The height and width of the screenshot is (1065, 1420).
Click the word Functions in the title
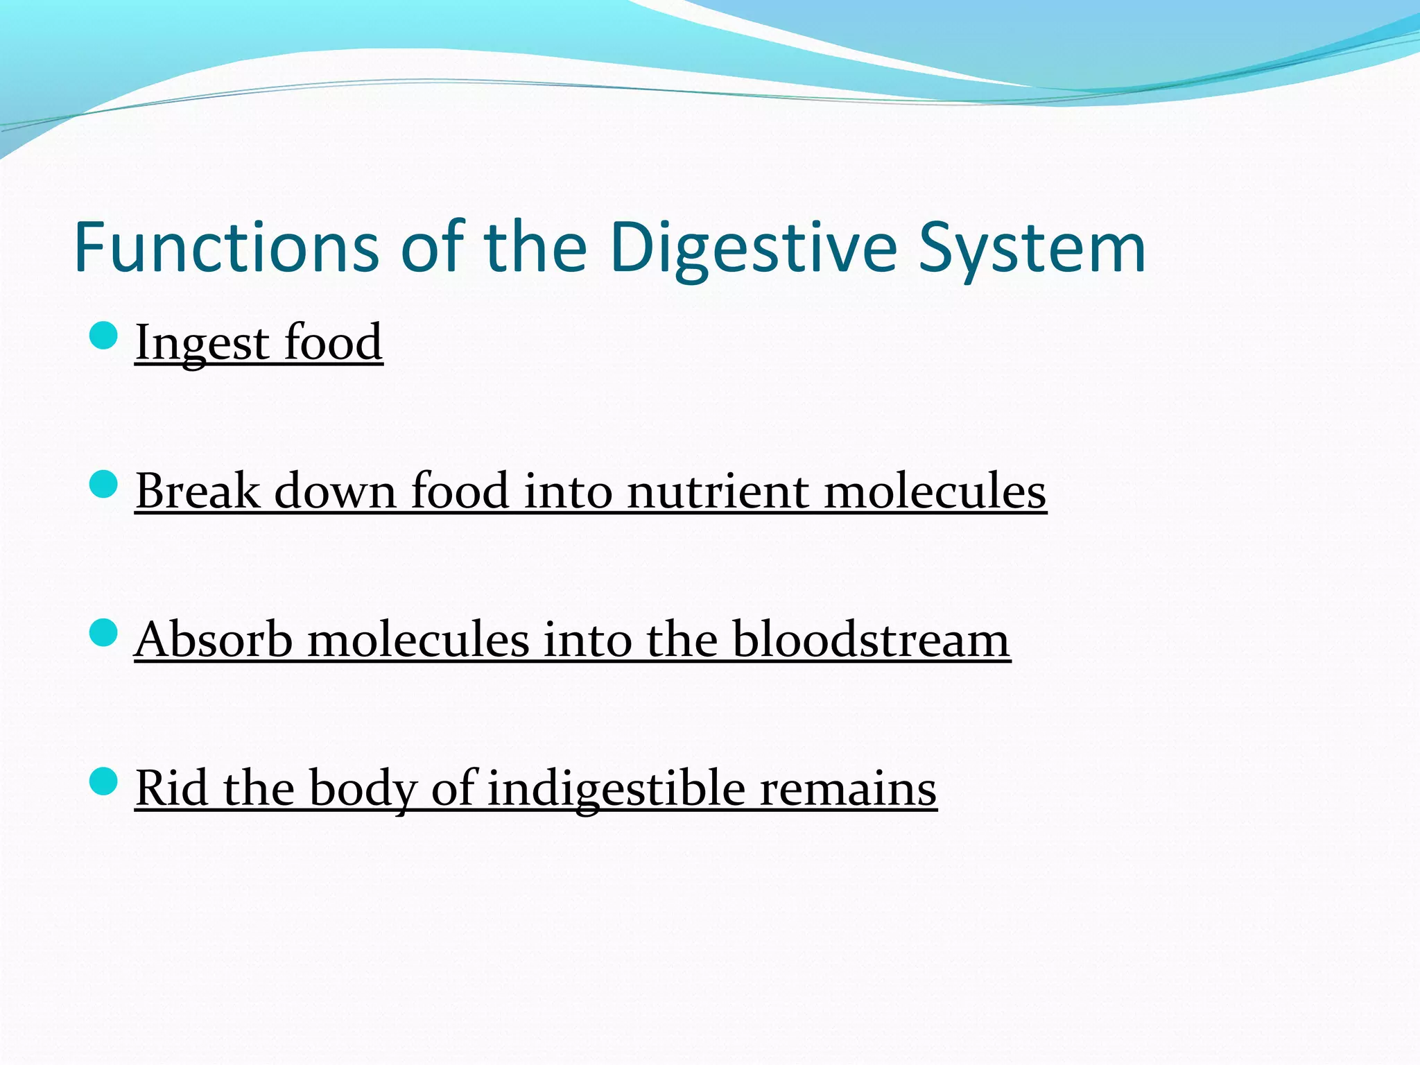pyautogui.click(x=226, y=248)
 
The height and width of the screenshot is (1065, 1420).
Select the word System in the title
pyautogui.click(x=1032, y=248)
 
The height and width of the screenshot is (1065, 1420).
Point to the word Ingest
pyautogui.click(x=202, y=343)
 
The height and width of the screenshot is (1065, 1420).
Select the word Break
pyautogui.click(x=197, y=491)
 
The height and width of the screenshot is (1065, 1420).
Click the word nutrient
pyautogui.click(x=718, y=491)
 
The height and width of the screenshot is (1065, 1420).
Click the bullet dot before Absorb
pyautogui.click(x=104, y=632)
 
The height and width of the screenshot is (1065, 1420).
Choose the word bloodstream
pyautogui.click(x=871, y=639)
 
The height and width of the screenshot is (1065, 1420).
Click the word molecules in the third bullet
pyautogui.click(x=418, y=639)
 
